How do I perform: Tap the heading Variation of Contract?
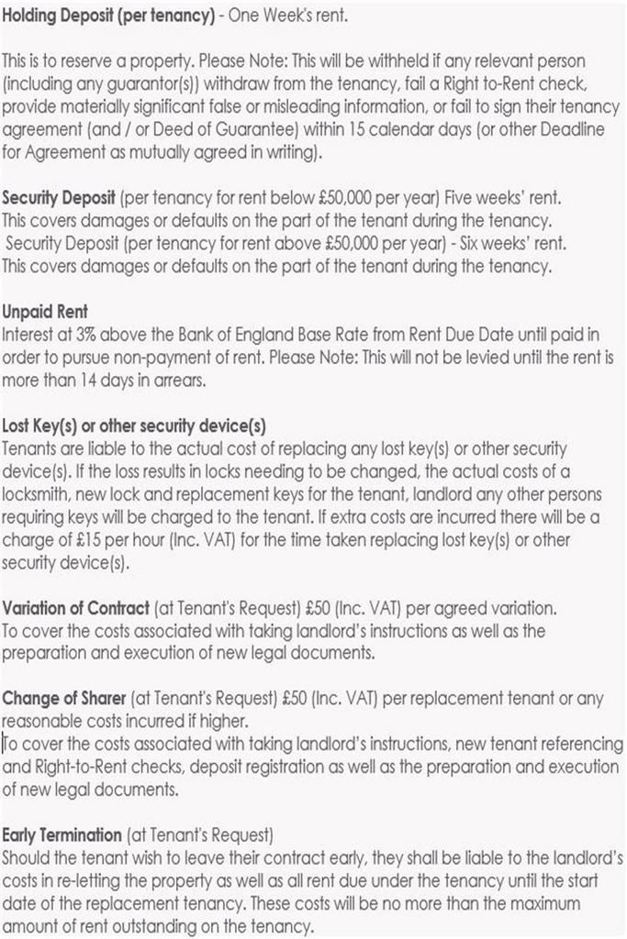click(76, 608)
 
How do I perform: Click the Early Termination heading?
click(62, 835)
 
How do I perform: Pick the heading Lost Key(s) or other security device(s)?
click(134, 426)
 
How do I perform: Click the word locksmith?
click(39, 496)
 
